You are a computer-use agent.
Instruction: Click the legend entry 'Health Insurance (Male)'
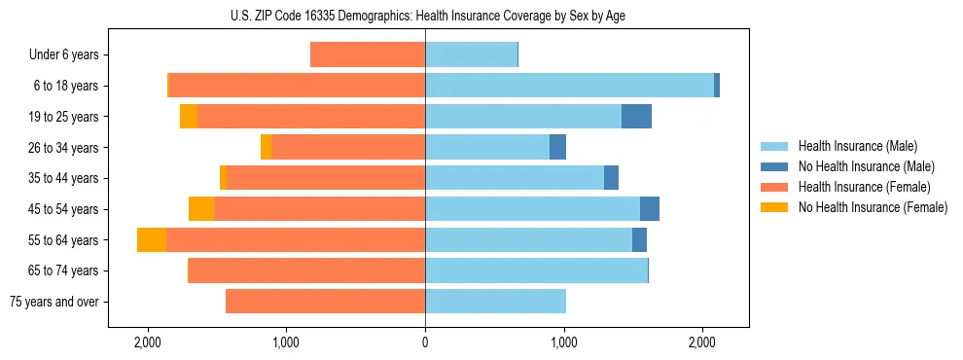(857, 146)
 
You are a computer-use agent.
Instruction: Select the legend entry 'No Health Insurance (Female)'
(873, 207)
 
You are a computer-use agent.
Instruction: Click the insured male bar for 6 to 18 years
(569, 86)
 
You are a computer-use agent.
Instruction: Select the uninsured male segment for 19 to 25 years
(636, 117)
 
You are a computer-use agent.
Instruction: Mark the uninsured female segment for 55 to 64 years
(152, 240)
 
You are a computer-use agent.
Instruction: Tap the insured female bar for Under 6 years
(368, 55)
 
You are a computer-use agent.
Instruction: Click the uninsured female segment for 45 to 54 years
(201, 209)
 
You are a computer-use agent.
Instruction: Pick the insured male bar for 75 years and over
(495, 302)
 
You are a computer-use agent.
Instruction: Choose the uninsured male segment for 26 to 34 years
(557, 148)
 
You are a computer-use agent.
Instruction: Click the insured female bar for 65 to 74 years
(306, 270)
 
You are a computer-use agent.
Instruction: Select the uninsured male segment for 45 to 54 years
(650, 209)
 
